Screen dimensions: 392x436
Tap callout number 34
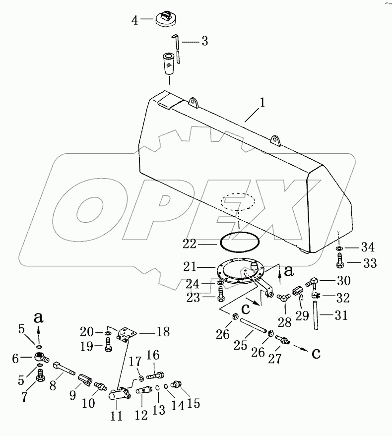368,247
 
